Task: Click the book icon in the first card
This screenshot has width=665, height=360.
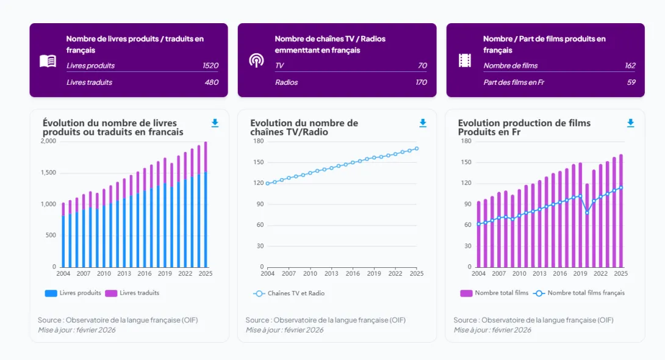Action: click(48, 61)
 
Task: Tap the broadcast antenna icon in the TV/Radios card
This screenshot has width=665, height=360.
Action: click(256, 60)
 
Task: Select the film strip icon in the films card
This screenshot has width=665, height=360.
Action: click(465, 60)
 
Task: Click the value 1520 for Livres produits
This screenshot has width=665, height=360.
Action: click(210, 66)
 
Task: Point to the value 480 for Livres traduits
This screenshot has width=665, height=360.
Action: click(211, 82)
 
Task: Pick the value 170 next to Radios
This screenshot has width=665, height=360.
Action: click(420, 82)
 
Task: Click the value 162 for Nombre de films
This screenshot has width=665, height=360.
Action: click(630, 66)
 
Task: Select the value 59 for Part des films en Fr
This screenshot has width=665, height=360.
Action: click(631, 82)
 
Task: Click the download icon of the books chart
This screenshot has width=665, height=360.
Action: click(215, 123)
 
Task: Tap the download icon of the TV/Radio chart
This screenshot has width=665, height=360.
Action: click(423, 123)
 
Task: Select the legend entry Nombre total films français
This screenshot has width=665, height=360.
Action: click(579, 293)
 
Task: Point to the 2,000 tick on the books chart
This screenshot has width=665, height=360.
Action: click(48, 141)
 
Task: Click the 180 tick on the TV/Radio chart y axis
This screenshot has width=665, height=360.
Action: click(258, 141)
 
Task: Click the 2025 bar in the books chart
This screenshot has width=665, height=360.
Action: click(206, 204)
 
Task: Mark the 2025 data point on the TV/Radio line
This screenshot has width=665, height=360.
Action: click(416, 148)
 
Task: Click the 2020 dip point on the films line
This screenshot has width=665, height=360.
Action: click(587, 212)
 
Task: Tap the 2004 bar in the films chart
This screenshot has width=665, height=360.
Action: click(479, 234)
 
